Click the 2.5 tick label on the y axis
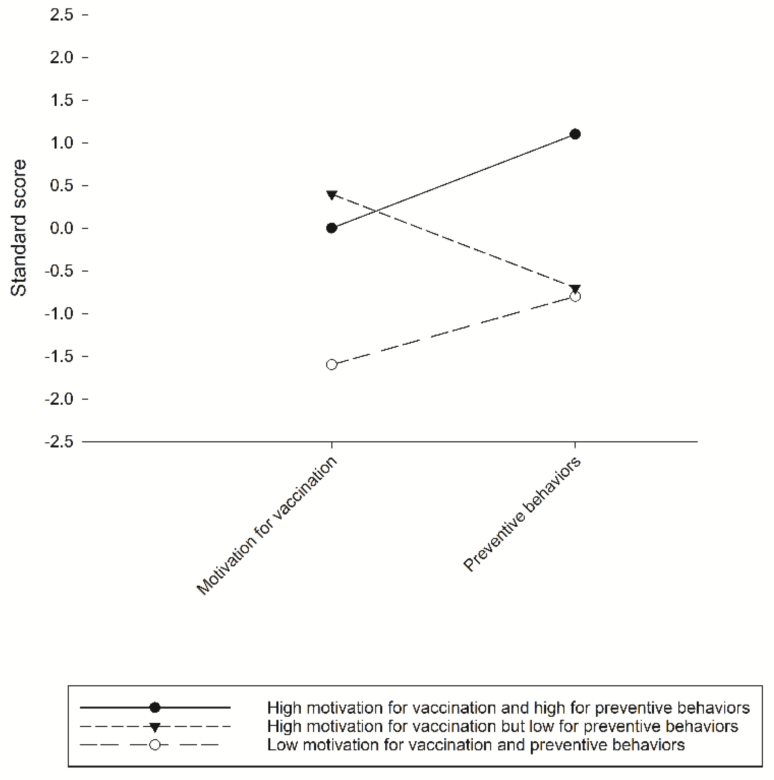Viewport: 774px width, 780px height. coord(61,15)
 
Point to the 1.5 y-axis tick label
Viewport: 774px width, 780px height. coord(61,100)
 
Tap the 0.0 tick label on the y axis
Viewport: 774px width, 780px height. coord(61,228)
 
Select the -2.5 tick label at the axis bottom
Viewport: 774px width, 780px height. coord(59,442)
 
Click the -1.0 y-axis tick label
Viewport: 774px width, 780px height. coord(59,314)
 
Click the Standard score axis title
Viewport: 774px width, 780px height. coord(19,228)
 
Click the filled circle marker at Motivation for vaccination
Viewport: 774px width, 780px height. coord(332,228)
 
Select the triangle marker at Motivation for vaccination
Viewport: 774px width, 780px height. coord(332,195)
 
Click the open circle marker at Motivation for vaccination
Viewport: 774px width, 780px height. coord(332,365)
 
